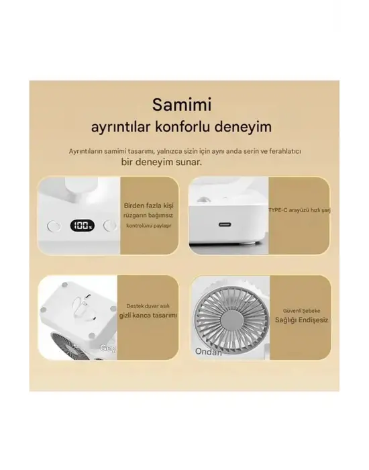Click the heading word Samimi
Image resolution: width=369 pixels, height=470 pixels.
click(182, 105)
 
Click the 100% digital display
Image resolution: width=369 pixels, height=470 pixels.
click(84, 226)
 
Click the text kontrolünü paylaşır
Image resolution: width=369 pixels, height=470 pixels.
click(146, 226)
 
